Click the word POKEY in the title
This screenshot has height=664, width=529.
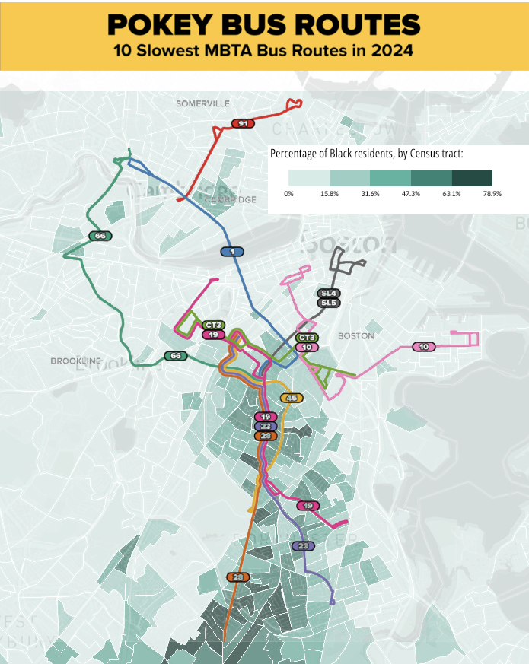[x=159, y=25]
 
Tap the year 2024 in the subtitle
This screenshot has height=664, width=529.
[x=390, y=52]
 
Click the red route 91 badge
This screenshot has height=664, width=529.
[x=242, y=123]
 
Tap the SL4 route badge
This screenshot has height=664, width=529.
[x=328, y=293]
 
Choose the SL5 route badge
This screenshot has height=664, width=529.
[x=328, y=303]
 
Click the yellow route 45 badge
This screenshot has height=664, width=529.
[x=292, y=397]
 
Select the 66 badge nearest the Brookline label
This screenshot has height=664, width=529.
[x=176, y=355]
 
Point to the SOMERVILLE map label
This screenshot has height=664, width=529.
[x=202, y=103]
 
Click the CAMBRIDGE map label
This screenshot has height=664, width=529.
[x=235, y=199]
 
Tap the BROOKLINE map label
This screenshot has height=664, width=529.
[x=75, y=361]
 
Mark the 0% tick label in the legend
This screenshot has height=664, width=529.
[x=288, y=194]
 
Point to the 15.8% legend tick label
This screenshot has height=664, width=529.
[x=330, y=194]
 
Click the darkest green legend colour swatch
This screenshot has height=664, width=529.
[x=472, y=178]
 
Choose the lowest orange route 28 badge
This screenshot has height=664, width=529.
[x=238, y=578]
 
